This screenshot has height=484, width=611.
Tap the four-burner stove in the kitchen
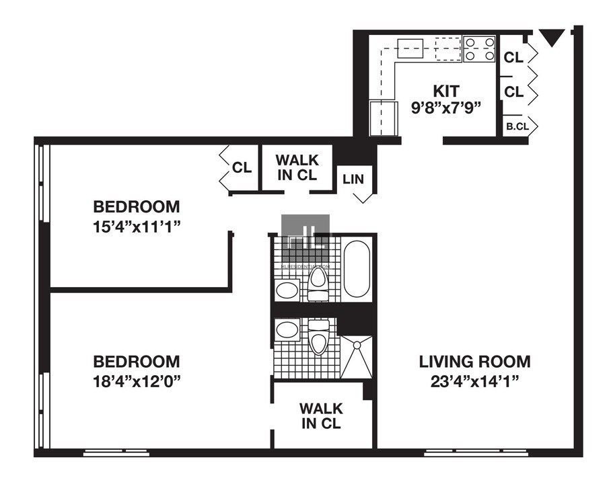pos(479,49)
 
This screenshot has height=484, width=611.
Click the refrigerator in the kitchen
pos(382,118)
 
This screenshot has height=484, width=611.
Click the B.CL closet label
pos(516,126)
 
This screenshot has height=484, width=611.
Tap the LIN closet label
pos(354,179)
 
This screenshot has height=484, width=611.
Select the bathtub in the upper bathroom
pos(356,269)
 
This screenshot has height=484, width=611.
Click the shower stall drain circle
pos(357,344)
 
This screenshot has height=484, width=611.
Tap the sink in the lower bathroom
pos(288,331)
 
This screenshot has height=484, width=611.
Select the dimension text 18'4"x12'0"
pos(137,380)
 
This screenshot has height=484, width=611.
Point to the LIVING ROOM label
pos(474,362)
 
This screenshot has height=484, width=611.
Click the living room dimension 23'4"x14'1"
pos(474,381)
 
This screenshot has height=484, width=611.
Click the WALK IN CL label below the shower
pos(321,415)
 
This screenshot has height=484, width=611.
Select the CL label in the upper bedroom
pos(242,167)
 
